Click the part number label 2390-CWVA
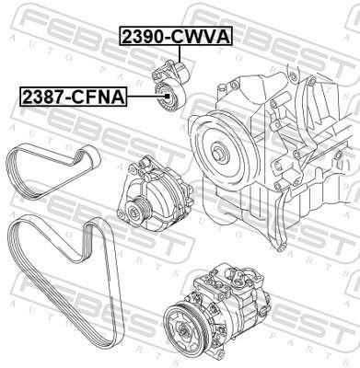pyautogui.click(x=177, y=36)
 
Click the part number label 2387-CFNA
pyautogui.click(x=74, y=97)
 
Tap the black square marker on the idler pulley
pyautogui.click(x=167, y=96)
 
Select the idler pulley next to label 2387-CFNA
pyautogui.click(x=169, y=97)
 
